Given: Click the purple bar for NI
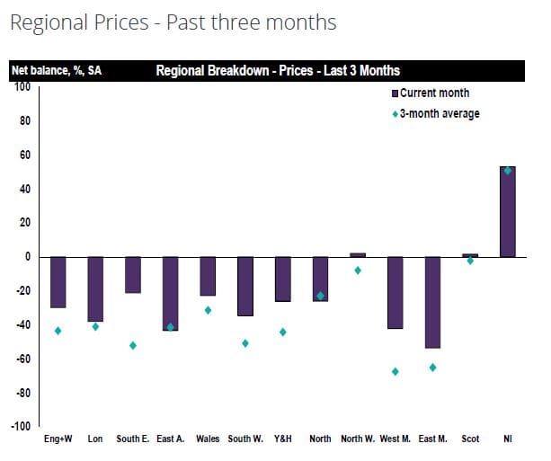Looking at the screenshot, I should pyautogui.click(x=507, y=211).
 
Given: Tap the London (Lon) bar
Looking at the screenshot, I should pyautogui.click(x=95, y=288).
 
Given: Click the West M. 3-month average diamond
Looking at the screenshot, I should pyautogui.click(x=395, y=371).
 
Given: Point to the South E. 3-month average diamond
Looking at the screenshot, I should pyautogui.click(x=133, y=345).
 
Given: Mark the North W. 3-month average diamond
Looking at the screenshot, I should pyautogui.click(x=358, y=270).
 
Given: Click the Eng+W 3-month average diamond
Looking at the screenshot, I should pyautogui.click(x=58, y=331).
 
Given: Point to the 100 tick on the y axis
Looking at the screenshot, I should pyautogui.click(x=21, y=87).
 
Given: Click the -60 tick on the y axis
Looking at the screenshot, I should pyautogui.click(x=21, y=359).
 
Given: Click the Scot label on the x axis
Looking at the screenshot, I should pyautogui.click(x=470, y=439).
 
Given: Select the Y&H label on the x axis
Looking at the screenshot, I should pyautogui.click(x=282, y=439).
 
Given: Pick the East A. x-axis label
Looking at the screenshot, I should pyautogui.click(x=170, y=439).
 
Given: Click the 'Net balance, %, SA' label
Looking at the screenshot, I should pyautogui.click(x=55, y=70).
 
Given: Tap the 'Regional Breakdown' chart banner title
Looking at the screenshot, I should pyautogui.click(x=278, y=70).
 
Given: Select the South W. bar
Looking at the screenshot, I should pyautogui.click(x=245, y=286).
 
